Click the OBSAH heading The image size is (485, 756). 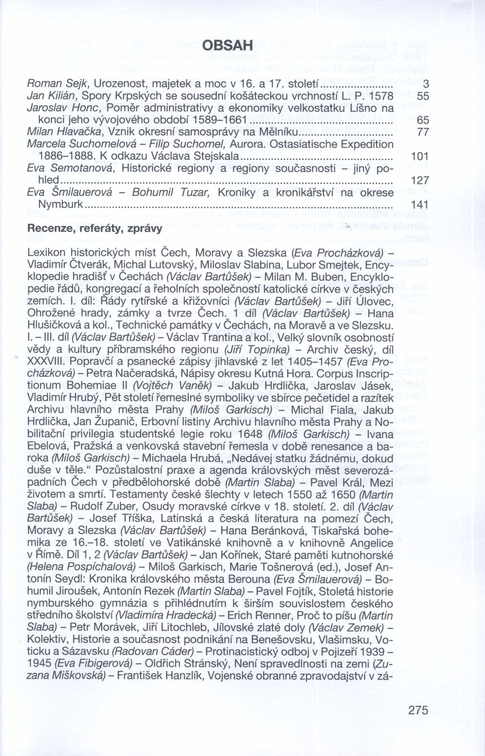point(227,46)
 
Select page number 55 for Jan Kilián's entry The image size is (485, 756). point(422,96)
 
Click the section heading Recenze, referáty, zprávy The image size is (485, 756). point(95,228)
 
